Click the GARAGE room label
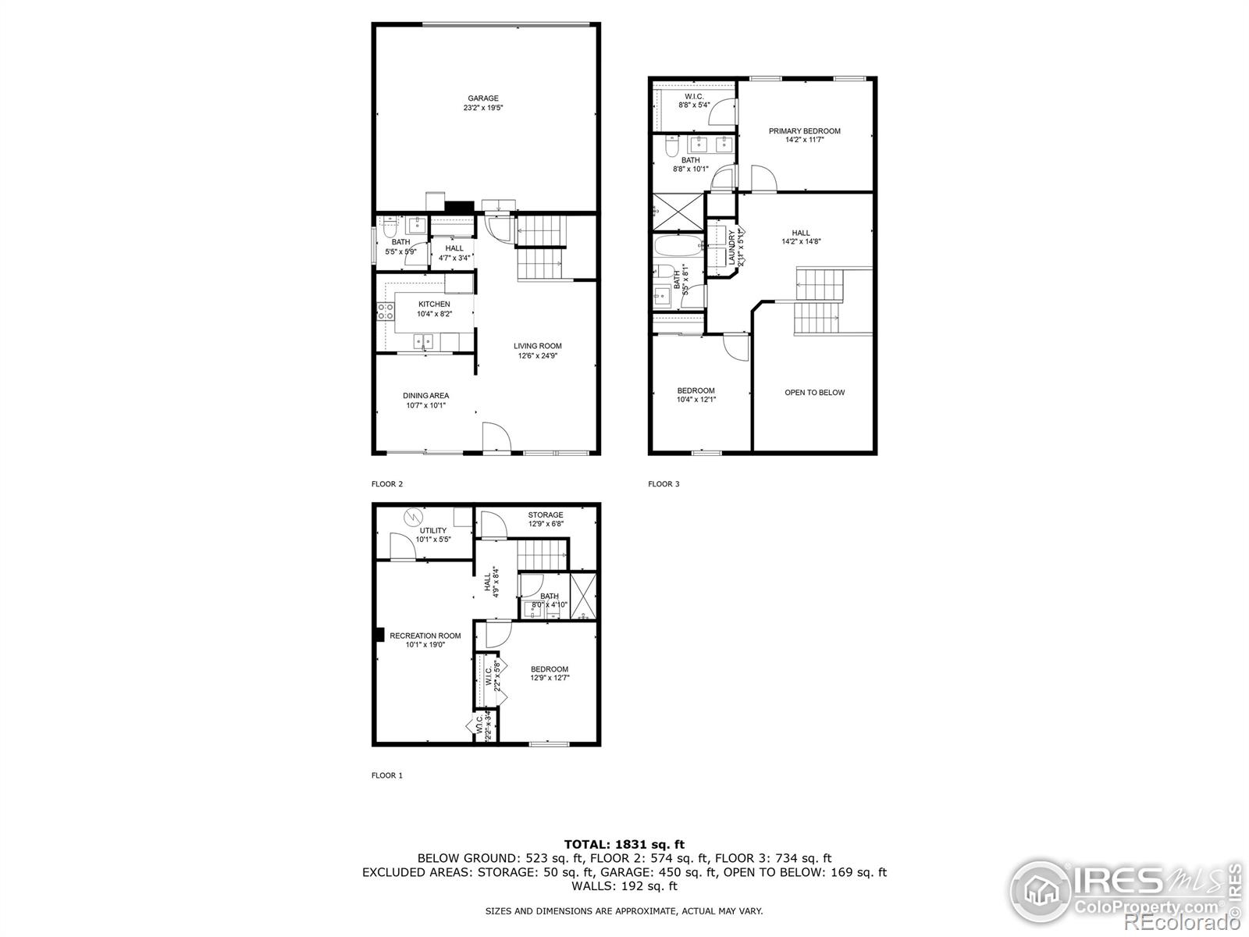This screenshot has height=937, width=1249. coord(482,98)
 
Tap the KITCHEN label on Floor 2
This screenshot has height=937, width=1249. coord(434,304)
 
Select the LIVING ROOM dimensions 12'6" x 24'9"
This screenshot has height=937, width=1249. coord(537,356)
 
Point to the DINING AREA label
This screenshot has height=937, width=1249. coord(425,395)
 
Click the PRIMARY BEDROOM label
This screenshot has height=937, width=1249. coord(804,131)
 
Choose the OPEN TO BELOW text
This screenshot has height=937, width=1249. coord(814,393)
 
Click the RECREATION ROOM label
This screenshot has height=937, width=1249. coord(425,636)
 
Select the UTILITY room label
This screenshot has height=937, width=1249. coord(433,530)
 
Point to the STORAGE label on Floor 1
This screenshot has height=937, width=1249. coord(545,515)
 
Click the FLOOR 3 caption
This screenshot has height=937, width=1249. coord(664,484)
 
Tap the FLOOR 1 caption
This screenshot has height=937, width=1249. coord(386,775)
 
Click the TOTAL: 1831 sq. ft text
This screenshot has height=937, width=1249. coord(624,843)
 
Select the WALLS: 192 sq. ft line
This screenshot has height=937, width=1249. coord(624,886)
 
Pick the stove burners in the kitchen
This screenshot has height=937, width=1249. coord(385,312)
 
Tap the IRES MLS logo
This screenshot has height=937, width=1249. coord(1124,891)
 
